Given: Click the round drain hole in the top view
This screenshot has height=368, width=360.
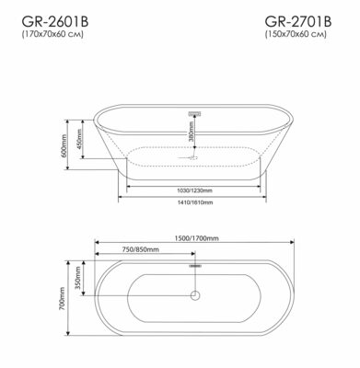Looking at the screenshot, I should click(194, 295).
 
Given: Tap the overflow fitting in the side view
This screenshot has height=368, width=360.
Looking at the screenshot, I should click(194, 113).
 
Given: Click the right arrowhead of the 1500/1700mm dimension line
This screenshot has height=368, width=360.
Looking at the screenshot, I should click(292, 244).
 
